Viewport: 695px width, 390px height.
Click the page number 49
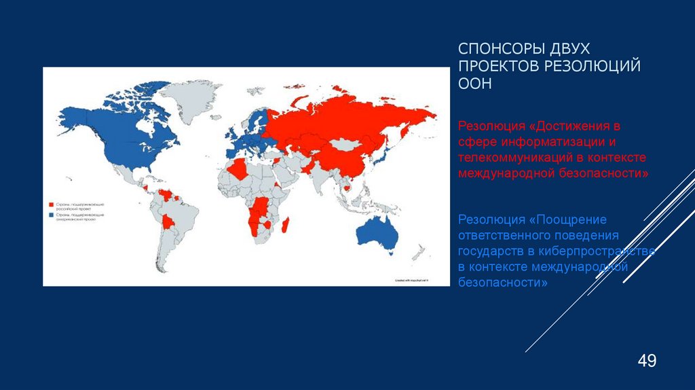[646, 360]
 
